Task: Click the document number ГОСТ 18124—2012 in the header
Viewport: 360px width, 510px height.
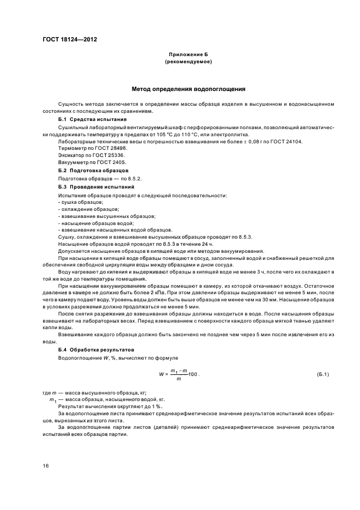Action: (x=70, y=40)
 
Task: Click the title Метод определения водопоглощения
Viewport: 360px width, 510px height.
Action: (x=188, y=88)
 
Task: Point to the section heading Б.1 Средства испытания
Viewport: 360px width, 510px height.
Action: (x=92, y=119)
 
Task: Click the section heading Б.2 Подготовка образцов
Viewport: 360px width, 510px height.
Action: (x=93, y=171)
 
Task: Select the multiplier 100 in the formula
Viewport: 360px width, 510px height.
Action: (x=192, y=375)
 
